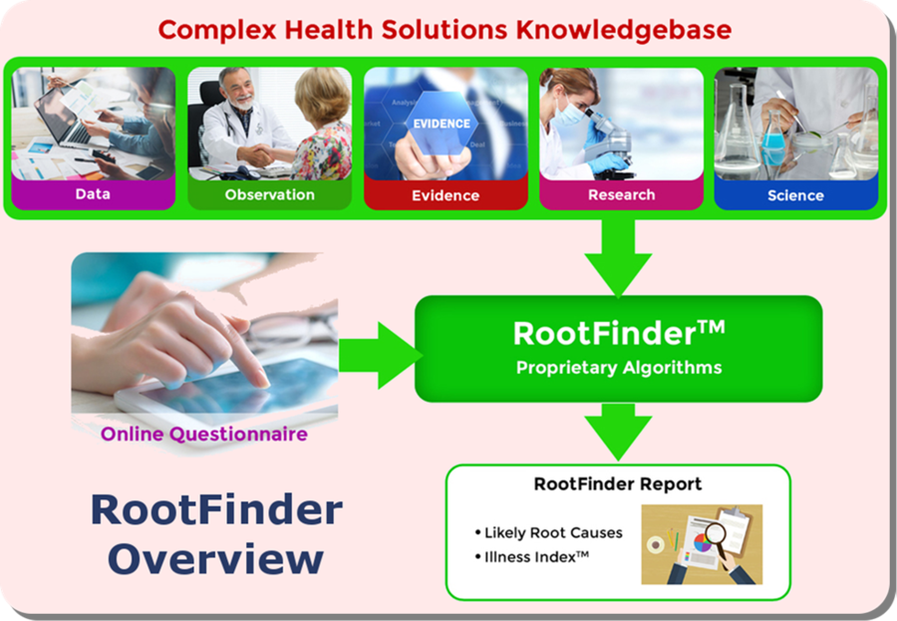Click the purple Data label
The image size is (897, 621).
click(93, 194)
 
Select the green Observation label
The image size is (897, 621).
click(269, 194)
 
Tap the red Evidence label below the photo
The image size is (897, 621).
click(446, 195)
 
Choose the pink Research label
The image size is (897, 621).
click(621, 194)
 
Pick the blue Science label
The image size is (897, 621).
click(795, 195)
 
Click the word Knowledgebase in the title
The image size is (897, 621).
click(624, 30)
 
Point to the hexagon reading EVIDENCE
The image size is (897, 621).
click(442, 124)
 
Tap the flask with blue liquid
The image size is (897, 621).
click(774, 141)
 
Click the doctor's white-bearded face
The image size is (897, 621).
click(238, 90)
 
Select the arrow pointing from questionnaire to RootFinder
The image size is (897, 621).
click(381, 356)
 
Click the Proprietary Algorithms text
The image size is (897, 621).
click(619, 368)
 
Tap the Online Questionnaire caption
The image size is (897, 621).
click(204, 434)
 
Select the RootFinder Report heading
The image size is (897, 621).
click(618, 484)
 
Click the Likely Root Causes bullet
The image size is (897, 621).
click(548, 533)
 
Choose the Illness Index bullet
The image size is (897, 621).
click(531, 557)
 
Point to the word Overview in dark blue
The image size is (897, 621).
click(215, 559)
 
